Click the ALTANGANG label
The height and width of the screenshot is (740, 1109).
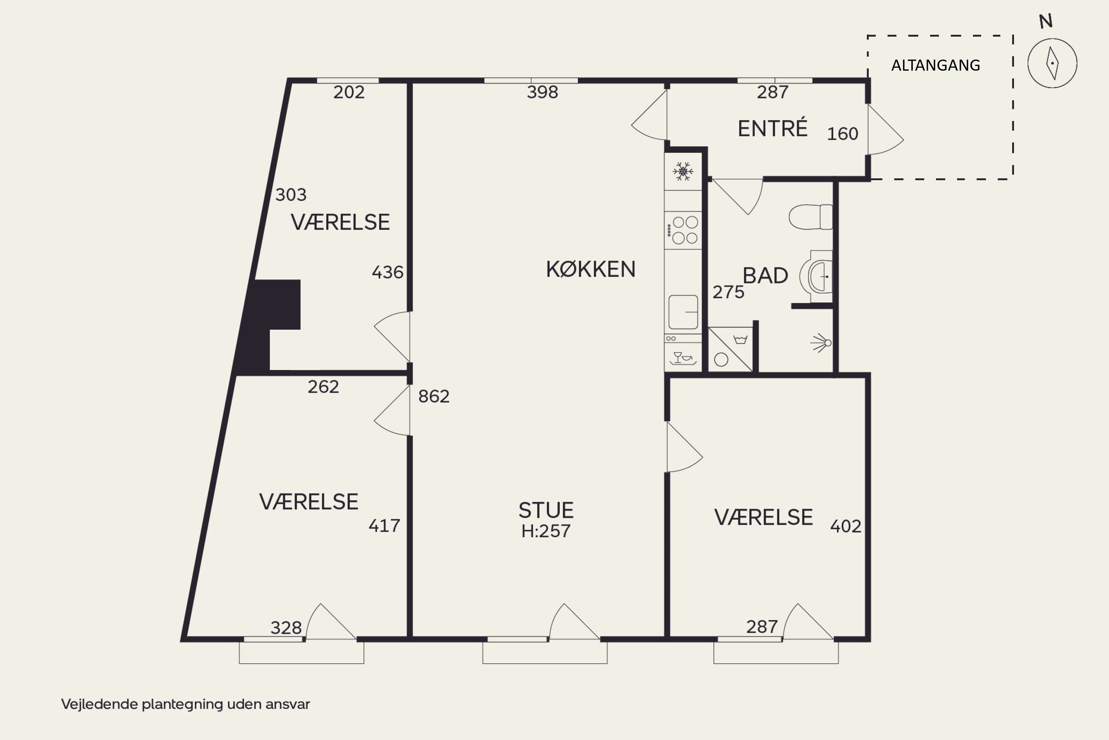click(x=936, y=65)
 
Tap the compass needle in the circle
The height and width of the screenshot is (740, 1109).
click(x=1052, y=63)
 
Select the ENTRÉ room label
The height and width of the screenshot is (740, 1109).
click(x=772, y=128)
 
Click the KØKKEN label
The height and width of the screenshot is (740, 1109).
click(x=590, y=269)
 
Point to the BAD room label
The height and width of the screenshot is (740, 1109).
click(x=765, y=276)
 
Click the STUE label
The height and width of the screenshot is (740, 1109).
click(x=546, y=510)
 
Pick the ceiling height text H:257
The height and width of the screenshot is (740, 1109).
click(x=546, y=531)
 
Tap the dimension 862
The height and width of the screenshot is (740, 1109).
click(x=434, y=396)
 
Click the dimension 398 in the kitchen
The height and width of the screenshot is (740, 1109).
click(x=542, y=92)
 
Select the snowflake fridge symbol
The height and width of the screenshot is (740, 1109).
click(x=683, y=171)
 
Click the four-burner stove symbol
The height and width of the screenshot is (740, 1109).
click(x=683, y=230)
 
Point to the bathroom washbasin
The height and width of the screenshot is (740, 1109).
click(x=817, y=276)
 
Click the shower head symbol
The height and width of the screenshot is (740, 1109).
click(x=821, y=343)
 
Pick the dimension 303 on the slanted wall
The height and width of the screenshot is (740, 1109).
click(x=291, y=195)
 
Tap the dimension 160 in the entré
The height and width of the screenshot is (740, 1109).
click(x=842, y=134)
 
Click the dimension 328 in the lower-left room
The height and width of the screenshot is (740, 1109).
click(x=286, y=628)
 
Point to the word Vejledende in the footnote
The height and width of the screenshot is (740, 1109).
click(x=99, y=704)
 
